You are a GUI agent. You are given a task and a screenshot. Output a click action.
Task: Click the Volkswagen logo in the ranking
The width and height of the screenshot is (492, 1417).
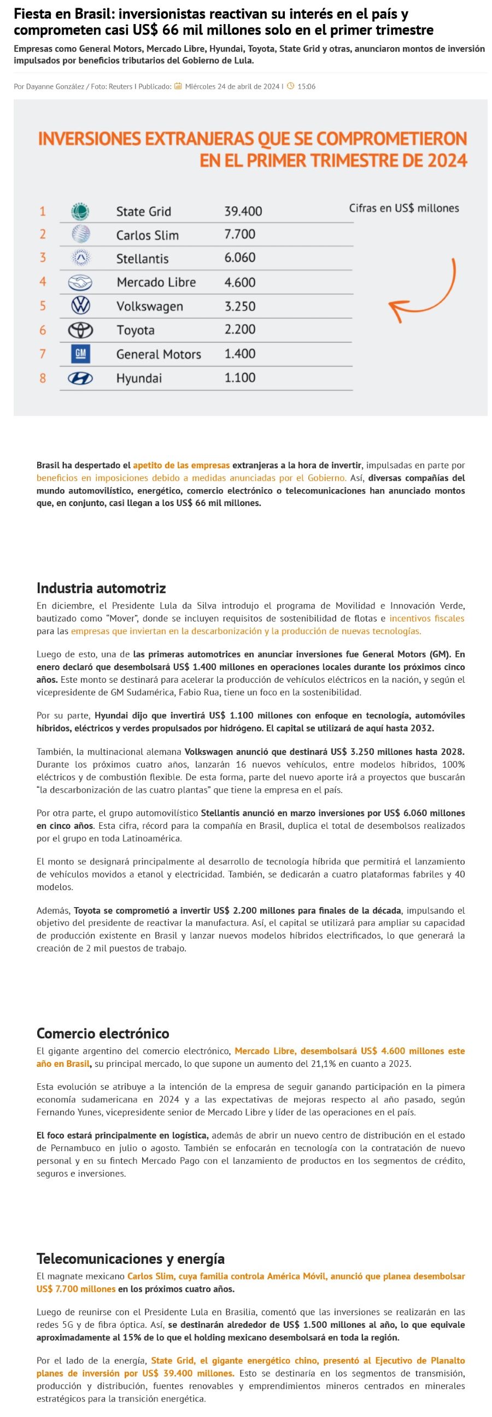click(x=80, y=306)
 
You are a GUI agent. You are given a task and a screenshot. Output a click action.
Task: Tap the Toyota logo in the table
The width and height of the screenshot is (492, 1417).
click(x=80, y=330)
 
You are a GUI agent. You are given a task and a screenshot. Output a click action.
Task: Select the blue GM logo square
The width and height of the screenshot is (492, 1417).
click(x=80, y=353)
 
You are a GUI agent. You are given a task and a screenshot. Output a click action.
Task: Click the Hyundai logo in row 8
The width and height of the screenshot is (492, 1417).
click(x=80, y=379)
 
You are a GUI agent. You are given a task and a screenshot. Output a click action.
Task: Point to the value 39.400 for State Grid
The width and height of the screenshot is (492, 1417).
click(x=243, y=211)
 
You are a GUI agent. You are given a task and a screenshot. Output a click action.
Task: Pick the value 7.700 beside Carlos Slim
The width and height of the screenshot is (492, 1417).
click(x=239, y=234)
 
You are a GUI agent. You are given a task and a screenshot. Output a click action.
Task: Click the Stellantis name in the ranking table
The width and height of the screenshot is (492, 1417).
click(x=142, y=259)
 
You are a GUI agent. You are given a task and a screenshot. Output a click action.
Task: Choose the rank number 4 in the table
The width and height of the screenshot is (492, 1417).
click(x=42, y=282)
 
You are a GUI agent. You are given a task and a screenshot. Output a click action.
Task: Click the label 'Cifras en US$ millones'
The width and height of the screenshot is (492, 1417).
click(x=403, y=208)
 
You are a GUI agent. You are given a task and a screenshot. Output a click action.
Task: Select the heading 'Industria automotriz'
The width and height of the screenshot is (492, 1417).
click(x=101, y=588)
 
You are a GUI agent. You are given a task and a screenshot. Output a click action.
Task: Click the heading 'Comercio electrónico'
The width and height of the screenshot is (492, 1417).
click(x=103, y=1033)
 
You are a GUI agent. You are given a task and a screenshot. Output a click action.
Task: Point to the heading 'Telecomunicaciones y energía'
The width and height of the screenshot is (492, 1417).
click(x=130, y=1258)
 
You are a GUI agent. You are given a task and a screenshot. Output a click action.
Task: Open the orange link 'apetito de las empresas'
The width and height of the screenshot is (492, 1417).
click(x=181, y=466)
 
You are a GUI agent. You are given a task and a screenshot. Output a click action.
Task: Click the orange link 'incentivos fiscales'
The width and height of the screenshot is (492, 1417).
click(x=426, y=618)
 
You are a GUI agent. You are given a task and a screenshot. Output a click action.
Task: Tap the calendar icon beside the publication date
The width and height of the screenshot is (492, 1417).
click(x=178, y=86)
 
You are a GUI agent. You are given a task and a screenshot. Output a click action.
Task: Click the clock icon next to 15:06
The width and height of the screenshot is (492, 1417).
click(x=291, y=86)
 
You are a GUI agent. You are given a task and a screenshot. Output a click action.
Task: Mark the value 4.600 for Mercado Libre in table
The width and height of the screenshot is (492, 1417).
click(x=239, y=282)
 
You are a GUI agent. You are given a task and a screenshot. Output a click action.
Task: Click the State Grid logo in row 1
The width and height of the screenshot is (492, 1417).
click(x=80, y=211)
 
